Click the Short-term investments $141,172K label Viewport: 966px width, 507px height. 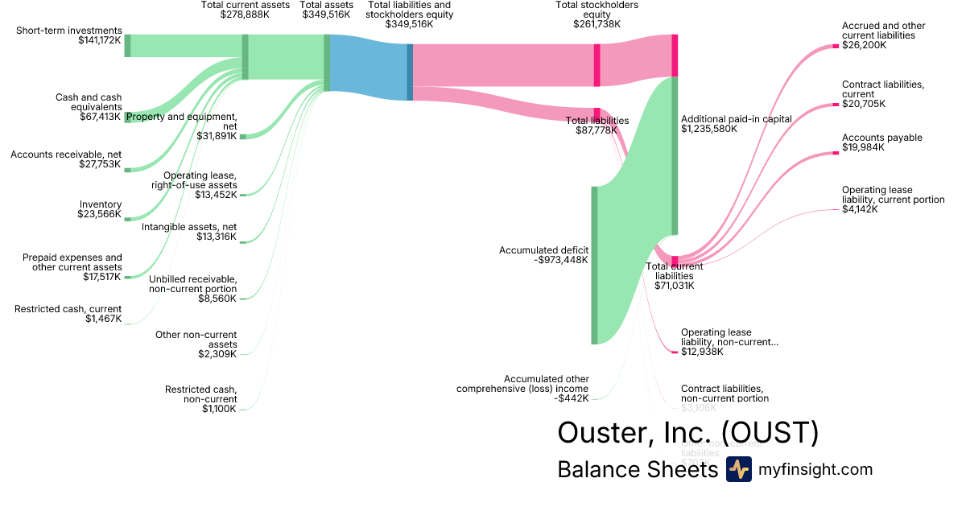point(68,36)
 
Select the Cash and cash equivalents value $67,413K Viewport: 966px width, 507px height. point(99,117)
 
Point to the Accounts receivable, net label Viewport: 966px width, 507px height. point(66,154)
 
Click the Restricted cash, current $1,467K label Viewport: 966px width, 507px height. point(68,314)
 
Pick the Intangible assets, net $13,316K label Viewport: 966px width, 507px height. point(189,232)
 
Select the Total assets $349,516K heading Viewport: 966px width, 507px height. point(326,10)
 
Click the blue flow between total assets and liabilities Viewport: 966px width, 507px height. point(368,67)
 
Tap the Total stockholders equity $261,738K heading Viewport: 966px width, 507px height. point(597,14)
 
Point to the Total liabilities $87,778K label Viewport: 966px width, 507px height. point(597,126)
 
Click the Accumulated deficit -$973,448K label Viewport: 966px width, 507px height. point(543,255)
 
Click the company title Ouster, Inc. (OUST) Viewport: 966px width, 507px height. point(688,433)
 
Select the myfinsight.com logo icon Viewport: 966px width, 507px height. point(738,469)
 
